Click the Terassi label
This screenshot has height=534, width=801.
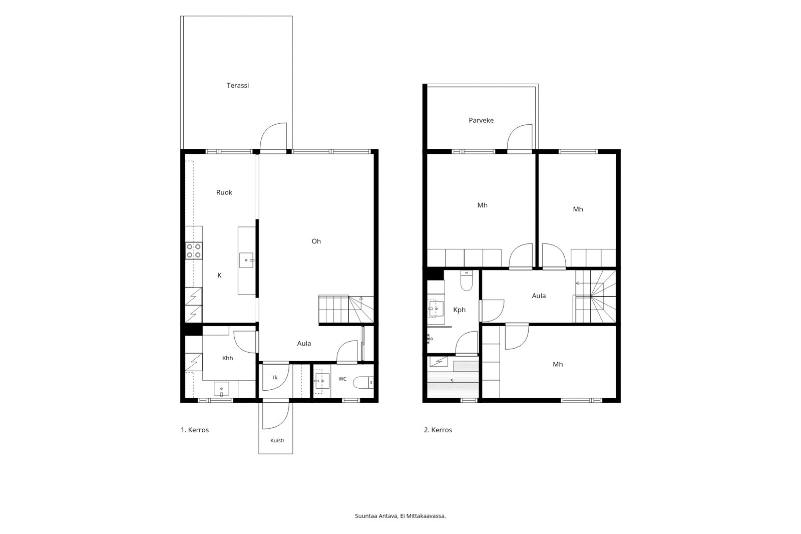[238, 86]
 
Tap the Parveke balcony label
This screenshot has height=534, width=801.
[481, 120]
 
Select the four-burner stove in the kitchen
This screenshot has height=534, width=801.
[194, 250]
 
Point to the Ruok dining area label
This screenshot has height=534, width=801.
[224, 192]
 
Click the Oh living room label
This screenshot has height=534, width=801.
[316, 241]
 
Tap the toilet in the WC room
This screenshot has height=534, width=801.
[363, 383]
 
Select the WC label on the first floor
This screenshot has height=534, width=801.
[342, 379]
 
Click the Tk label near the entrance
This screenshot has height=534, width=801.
[275, 378]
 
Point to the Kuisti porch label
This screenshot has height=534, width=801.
[277, 441]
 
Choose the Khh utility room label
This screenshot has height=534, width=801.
[227, 358]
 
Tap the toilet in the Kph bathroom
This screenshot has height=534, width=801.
[466, 280]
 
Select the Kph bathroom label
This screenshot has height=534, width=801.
[460, 310]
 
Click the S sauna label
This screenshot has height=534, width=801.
[452, 381]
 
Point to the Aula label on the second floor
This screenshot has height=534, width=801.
[539, 296]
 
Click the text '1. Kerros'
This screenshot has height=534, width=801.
[195, 430]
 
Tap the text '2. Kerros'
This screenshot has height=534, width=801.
[438, 430]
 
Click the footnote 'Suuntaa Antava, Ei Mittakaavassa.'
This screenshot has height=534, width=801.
[400, 516]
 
